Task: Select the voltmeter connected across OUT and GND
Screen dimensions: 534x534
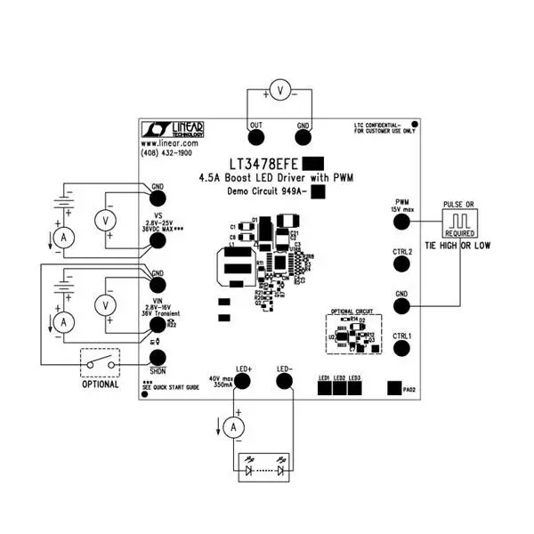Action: click(x=279, y=90)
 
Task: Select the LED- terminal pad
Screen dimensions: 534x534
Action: click(x=285, y=381)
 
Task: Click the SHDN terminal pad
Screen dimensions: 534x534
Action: click(x=158, y=357)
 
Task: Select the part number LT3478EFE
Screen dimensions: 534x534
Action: click(x=263, y=165)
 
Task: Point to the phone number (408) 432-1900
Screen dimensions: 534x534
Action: click(x=166, y=153)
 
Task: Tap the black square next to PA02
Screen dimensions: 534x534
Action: click(x=392, y=388)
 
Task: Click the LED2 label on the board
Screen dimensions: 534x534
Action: click(x=339, y=379)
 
